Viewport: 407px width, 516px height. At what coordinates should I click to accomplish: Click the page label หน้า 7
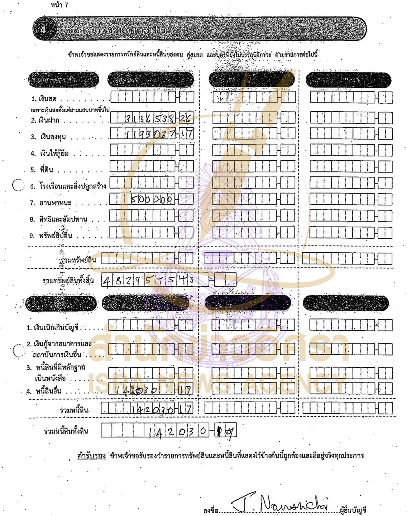(59, 5)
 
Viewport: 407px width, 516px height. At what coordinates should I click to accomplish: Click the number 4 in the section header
(43, 30)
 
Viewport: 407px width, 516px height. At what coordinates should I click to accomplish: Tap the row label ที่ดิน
(46, 170)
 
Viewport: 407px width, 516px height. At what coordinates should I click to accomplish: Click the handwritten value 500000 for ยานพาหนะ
(152, 199)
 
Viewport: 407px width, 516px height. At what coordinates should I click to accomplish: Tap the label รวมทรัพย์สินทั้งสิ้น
(68, 281)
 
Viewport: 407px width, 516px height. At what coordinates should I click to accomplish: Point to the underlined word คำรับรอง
(91, 456)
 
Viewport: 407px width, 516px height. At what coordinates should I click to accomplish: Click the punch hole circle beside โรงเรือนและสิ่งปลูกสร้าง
(18, 185)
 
